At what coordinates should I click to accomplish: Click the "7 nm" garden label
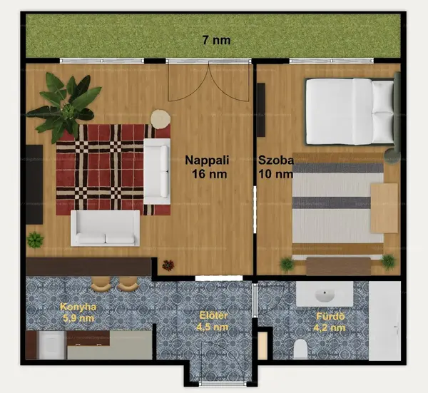coord(216,41)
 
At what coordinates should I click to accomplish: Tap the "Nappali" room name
coord(207,160)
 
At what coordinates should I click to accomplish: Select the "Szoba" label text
coord(276,160)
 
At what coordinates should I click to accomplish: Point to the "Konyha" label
coord(78,307)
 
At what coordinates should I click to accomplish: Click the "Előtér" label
coord(213,315)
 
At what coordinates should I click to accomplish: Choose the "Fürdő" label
coord(330,316)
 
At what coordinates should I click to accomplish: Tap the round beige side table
coord(160,118)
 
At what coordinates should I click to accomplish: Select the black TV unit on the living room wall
coord(34,185)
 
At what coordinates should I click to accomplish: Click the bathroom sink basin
coord(325,295)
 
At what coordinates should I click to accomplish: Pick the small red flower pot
coord(168,265)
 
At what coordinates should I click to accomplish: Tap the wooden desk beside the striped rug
coord(384,208)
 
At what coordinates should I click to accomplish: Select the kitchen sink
coord(51,344)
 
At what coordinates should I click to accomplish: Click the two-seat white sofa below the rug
coord(106,228)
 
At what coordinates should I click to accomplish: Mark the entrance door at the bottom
coord(223,363)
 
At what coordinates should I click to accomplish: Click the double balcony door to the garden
coord(209,80)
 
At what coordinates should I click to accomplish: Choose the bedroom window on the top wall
coord(331,61)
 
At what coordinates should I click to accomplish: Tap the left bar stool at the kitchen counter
coord(101,285)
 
